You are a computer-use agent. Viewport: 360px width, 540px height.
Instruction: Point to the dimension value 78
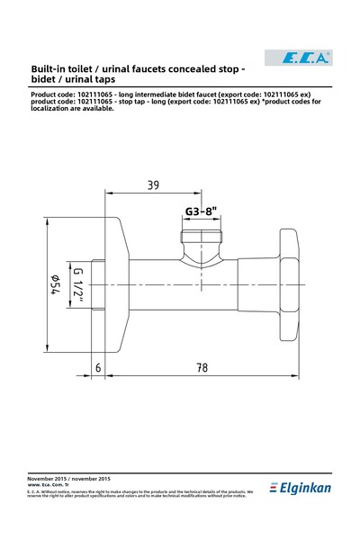[202, 369]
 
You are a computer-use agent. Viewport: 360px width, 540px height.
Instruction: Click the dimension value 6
[98, 369]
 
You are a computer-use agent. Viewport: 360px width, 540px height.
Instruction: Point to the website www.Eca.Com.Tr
[49, 484]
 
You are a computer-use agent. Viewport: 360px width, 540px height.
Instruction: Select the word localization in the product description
[53, 120]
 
